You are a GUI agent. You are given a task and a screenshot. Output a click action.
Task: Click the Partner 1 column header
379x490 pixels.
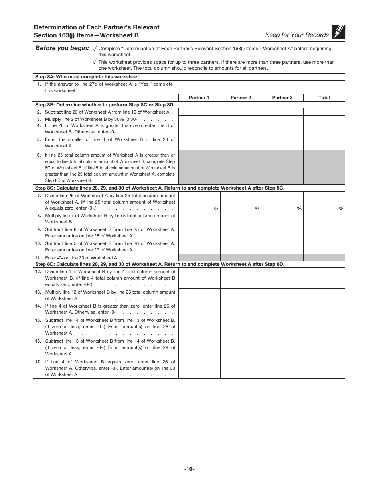199,98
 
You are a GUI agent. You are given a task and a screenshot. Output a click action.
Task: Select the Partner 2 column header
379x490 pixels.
241,98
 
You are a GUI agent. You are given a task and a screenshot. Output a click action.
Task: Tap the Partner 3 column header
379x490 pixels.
282,98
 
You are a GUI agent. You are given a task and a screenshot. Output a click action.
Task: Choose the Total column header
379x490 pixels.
324,98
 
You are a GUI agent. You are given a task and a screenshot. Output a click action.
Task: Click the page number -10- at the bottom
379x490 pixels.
189,469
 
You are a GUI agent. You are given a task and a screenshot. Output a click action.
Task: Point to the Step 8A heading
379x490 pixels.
88,77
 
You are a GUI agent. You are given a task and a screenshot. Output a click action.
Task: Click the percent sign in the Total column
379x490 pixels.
341,209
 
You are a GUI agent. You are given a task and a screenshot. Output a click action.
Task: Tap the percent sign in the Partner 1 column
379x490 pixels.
216,209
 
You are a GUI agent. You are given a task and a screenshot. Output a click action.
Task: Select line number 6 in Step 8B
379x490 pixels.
39,155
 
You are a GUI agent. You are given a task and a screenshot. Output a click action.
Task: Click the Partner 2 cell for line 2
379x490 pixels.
241,112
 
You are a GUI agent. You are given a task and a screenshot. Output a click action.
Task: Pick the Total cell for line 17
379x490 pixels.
324,368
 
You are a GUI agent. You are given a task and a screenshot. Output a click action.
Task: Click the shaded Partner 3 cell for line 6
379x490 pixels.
282,167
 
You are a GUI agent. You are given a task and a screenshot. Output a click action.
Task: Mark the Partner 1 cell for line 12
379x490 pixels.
199,278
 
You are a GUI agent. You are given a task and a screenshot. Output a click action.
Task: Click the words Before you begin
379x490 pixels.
62,48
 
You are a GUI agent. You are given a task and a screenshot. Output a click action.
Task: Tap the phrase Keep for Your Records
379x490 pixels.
297,35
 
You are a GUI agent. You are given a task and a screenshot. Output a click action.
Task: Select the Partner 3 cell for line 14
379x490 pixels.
282,309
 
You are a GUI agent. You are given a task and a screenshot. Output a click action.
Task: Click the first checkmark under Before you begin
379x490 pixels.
95,48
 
